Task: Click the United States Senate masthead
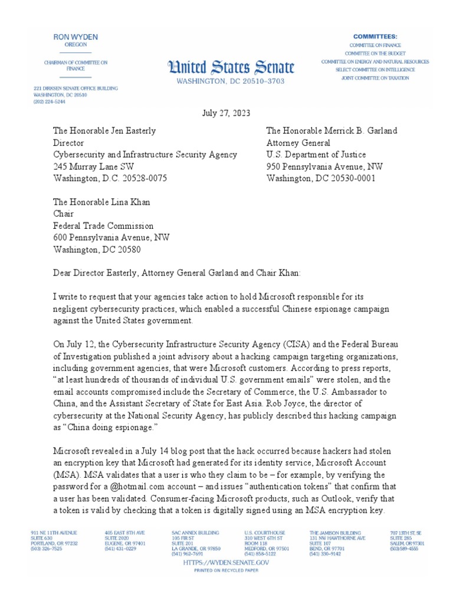pos(227,66)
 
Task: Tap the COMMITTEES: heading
pos(375,37)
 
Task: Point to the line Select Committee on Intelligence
pos(375,70)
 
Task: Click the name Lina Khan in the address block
pos(128,202)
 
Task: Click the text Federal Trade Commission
pos(103,226)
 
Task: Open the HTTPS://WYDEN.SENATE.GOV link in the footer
pos(226,563)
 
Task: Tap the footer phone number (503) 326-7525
pos(46,549)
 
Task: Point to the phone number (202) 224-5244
pos(51,101)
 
